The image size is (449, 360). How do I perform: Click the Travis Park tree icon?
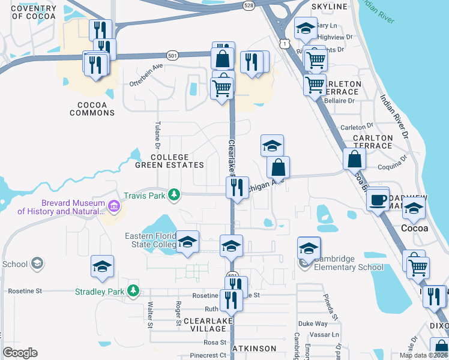(173, 194)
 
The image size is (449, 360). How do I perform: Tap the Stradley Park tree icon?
(133, 292)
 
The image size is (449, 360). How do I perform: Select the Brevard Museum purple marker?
(115, 207)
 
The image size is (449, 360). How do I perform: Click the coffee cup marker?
(378, 200)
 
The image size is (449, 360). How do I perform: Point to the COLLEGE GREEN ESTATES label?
(169, 161)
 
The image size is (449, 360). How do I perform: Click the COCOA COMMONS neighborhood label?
(92, 109)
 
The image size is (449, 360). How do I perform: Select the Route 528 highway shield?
(248, 5)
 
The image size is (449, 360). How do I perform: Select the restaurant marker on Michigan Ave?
(238, 187)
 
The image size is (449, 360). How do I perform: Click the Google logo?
(20, 353)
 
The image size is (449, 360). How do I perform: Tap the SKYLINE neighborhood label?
(330, 7)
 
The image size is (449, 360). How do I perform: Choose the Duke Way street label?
(313, 323)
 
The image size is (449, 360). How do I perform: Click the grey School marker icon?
(37, 263)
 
